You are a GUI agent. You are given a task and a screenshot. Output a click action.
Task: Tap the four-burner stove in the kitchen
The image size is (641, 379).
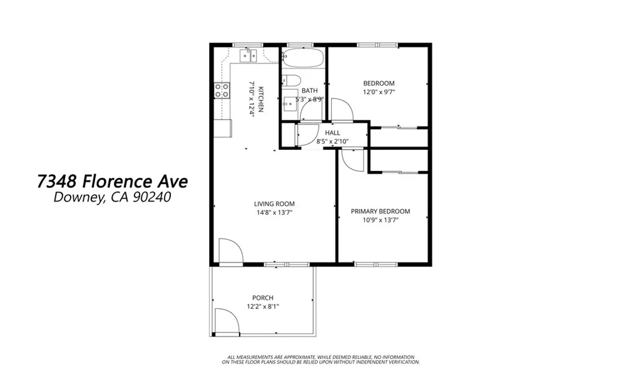coord(221,90)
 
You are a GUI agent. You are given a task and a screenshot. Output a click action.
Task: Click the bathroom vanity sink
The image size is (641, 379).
coord(289,103)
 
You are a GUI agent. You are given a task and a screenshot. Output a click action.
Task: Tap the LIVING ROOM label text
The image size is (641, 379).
coord(274,204)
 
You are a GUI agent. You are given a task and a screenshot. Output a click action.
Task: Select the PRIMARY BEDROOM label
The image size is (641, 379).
coord(380,211)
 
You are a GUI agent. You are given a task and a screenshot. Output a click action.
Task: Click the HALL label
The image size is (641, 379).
coord(332,133)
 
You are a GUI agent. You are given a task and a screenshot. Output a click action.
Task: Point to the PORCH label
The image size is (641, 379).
coord(263,298)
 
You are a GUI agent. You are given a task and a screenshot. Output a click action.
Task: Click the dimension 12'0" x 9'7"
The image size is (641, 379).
coord(379,92)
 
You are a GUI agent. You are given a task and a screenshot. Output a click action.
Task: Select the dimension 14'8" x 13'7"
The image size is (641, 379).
coord(274,212)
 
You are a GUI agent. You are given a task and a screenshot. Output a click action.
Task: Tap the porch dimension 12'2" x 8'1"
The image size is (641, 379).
coord(263,306)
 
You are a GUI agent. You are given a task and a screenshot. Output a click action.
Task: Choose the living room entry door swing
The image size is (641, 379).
coord(230,251)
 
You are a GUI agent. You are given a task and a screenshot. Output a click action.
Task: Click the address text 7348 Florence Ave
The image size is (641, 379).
coord(112,182)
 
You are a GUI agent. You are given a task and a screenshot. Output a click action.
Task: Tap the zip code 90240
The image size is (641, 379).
coord(150,198)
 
